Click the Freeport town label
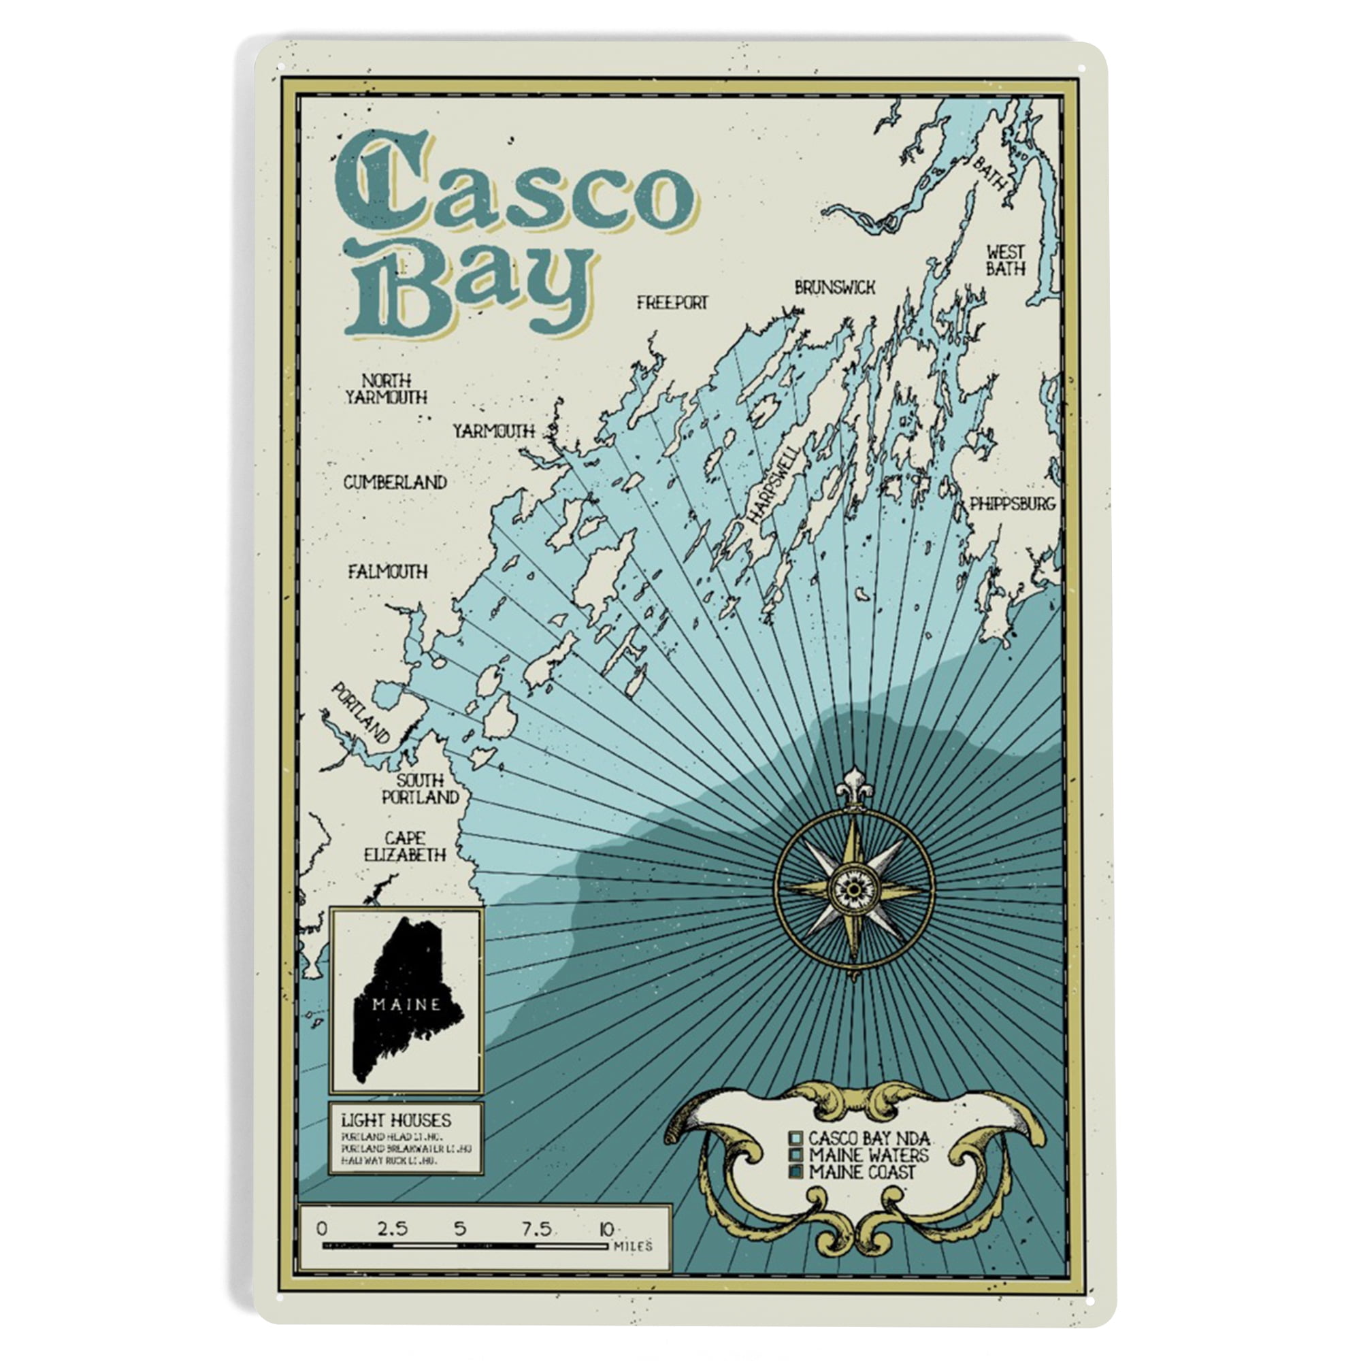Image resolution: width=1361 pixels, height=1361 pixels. point(672,303)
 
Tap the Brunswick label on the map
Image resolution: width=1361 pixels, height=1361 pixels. point(835,287)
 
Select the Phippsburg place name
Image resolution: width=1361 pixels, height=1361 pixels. point(1013,504)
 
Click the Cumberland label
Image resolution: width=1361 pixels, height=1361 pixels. point(395,482)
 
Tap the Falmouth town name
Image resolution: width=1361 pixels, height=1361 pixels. point(388,572)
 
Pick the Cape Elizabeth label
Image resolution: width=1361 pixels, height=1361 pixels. point(405,847)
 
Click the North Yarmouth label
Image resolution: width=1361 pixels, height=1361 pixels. point(386,389)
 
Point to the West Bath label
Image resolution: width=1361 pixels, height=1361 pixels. point(1005,260)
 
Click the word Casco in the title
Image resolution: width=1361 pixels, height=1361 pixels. point(511,186)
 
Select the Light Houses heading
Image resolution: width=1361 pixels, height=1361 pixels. point(397,1120)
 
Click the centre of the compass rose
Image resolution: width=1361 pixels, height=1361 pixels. point(854,889)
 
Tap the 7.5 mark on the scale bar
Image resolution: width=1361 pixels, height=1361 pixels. point(536,1229)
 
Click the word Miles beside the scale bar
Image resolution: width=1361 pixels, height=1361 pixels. point(633,1247)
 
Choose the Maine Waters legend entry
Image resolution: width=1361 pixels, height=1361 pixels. point(868,1155)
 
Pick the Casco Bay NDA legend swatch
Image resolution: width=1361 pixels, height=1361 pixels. point(797,1138)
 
